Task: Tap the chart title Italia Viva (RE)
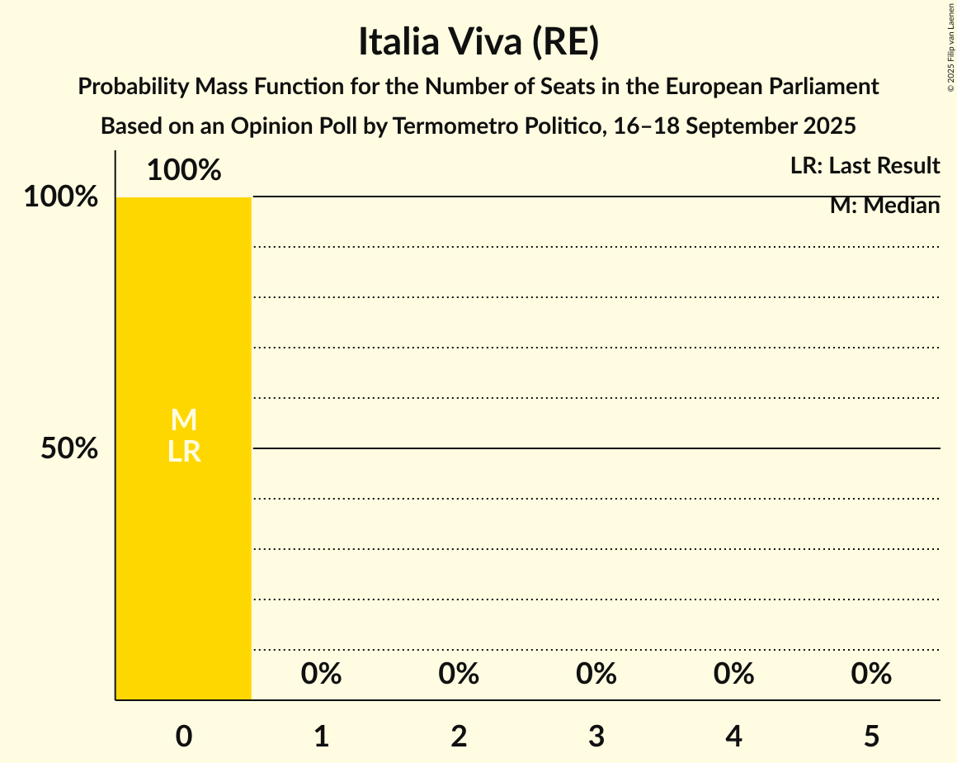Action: pos(478,42)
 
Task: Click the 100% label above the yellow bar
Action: pos(184,170)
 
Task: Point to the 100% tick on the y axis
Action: pos(60,197)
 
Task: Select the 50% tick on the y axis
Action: pos(69,448)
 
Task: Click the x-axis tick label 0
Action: pos(184,736)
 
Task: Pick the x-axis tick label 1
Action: pos(322,736)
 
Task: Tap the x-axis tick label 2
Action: pos(459,736)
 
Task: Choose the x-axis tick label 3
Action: pos(596,736)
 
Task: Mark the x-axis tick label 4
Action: pos(734,736)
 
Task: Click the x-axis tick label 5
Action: pos(871,736)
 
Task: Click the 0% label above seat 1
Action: pos(322,674)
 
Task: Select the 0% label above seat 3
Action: pos(596,674)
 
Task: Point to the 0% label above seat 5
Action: pos(871,674)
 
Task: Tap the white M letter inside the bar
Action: pos(184,420)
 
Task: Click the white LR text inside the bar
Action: pos(184,452)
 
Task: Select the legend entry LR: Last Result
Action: pos(865,166)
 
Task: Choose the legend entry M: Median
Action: pos(884,206)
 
